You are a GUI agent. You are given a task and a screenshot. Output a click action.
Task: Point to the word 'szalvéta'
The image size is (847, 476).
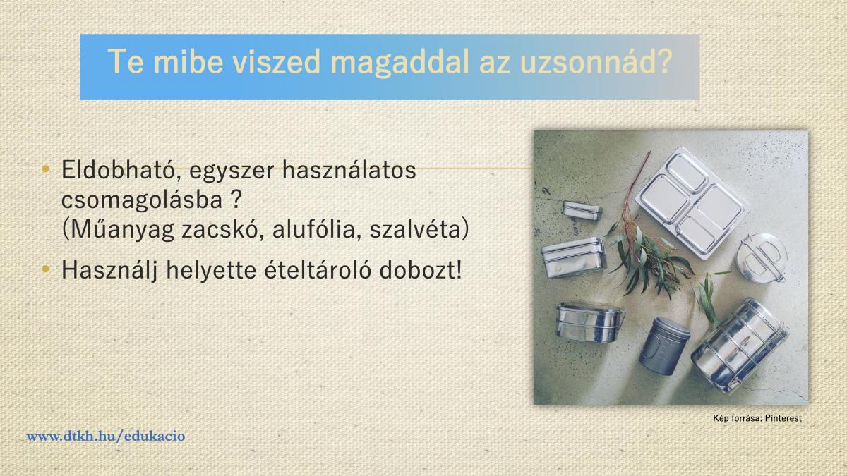(x=415, y=229)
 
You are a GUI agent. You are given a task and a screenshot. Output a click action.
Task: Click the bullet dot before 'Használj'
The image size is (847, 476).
(x=46, y=269)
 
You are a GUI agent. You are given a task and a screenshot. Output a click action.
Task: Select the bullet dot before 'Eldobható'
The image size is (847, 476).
(x=46, y=169)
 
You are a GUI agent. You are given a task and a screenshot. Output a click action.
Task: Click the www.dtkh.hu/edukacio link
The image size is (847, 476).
(x=106, y=437)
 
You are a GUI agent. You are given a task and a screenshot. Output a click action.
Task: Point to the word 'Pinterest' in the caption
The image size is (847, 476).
(x=783, y=418)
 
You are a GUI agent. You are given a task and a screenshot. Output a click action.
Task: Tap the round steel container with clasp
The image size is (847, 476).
(x=761, y=257)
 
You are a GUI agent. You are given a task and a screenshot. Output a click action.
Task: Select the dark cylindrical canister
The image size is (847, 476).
(x=664, y=346)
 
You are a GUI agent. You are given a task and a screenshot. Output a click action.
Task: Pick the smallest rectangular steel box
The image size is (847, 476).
(x=582, y=210)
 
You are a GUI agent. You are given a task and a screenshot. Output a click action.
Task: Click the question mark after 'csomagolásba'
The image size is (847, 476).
(x=236, y=200)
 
